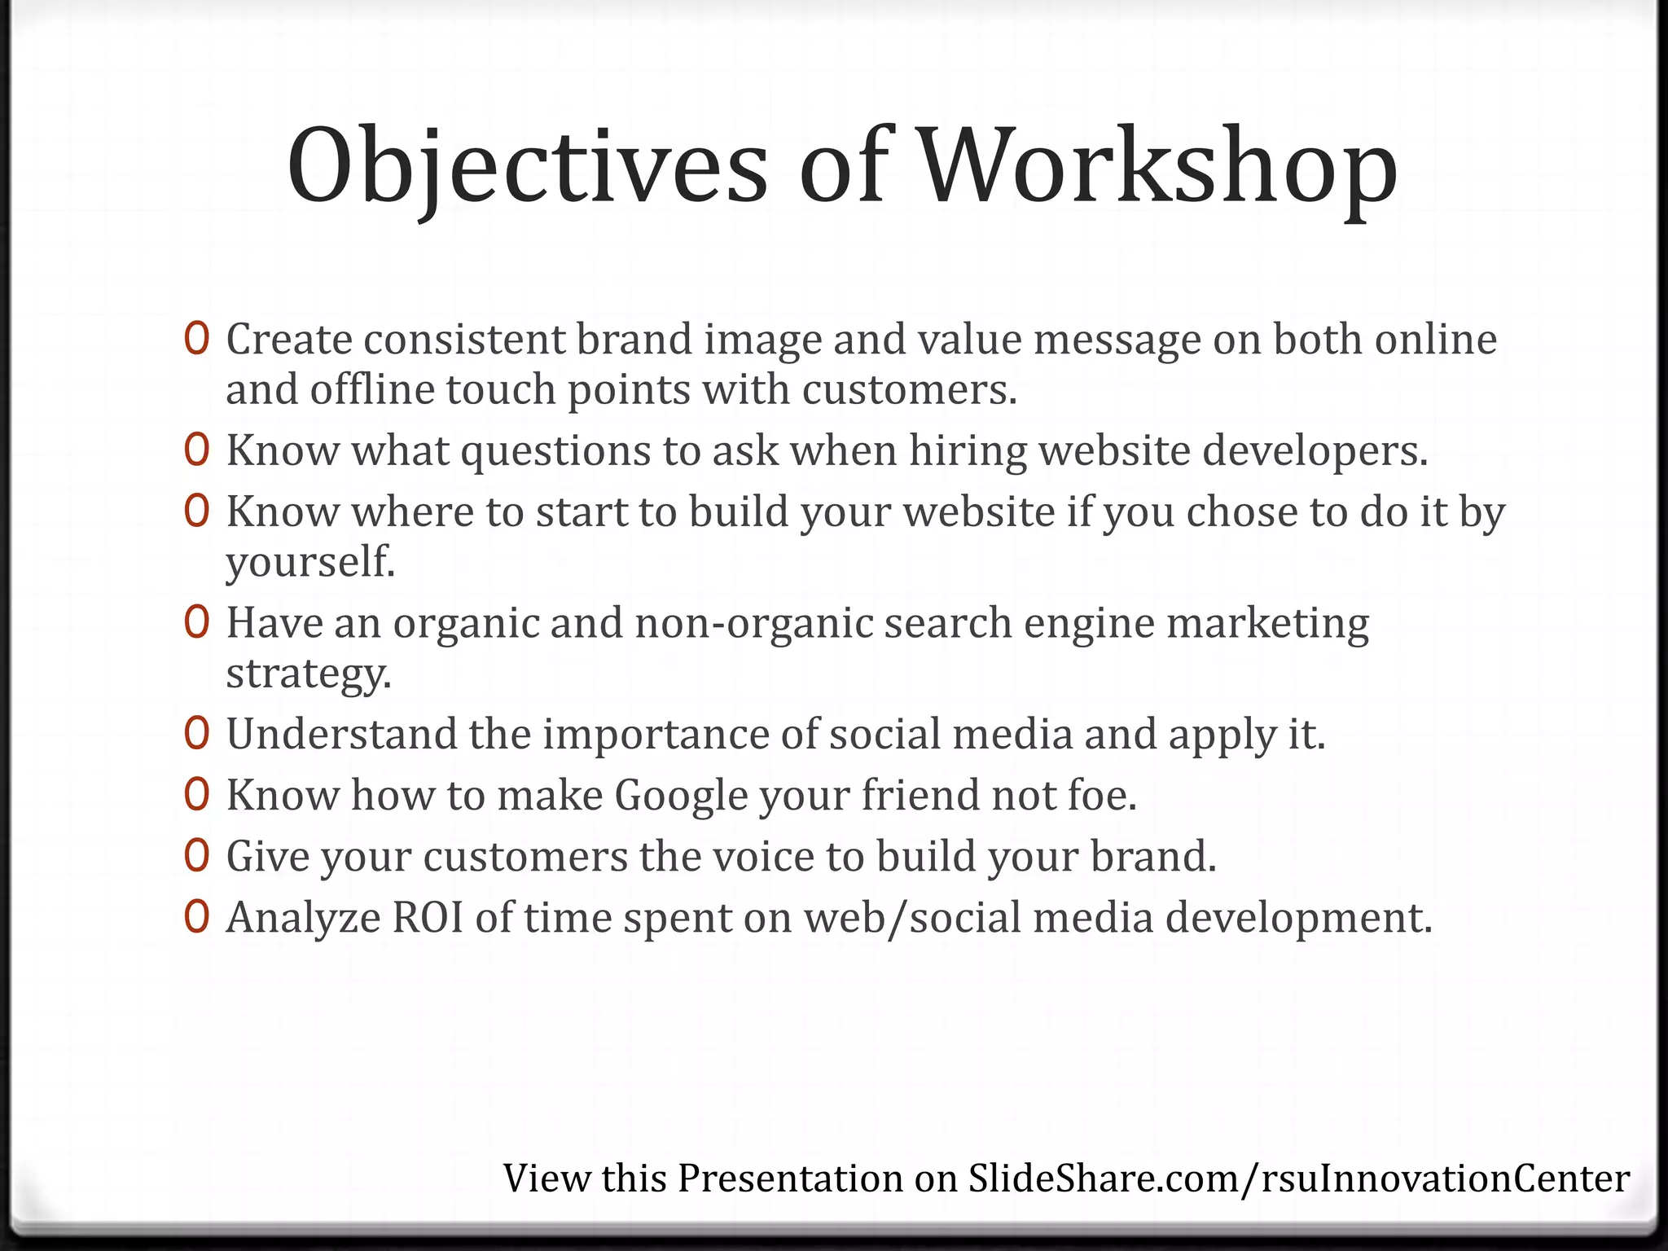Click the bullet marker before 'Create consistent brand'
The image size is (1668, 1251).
(x=197, y=339)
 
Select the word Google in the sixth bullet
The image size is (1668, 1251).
(x=681, y=796)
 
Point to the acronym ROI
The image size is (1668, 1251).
(x=428, y=918)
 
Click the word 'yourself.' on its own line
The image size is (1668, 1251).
(x=310, y=562)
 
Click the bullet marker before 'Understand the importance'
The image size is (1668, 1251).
(x=197, y=734)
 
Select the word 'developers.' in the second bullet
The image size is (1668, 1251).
(x=1315, y=450)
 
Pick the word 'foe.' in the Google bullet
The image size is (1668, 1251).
(x=1101, y=796)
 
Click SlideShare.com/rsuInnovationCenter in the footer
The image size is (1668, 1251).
(x=1299, y=1179)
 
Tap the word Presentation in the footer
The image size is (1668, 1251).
(x=790, y=1179)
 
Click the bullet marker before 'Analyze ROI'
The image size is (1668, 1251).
(x=197, y=917)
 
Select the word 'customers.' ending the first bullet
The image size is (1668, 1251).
(x=910, y=390)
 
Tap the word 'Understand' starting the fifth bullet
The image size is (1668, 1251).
(x=341, y=734)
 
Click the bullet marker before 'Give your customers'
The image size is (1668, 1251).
(x=197, y=856)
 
